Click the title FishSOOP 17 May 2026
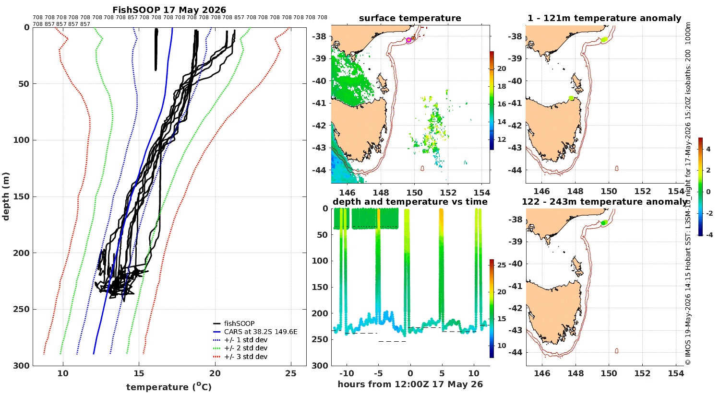tap(169, 10)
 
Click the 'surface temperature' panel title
tap(410, 18)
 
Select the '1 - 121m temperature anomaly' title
tap(604, 18)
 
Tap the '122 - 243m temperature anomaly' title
tap(604, 202)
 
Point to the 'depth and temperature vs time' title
tap(410, 202)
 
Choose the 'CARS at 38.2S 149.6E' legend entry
tap(255, 332)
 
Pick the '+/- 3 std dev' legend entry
tap(240, 357)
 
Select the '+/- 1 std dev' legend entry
tap(240, 340)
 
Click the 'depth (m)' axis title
tap(6, 196)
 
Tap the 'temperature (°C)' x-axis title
tap(169, 387)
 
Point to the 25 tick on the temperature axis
tap(291, 373)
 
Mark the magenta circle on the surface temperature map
tap(408, 40)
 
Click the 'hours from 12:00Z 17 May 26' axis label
tap(410, 384)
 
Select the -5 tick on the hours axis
tap(378, 374)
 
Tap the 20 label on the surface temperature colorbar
tap(502, 69)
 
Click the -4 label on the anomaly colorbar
tap(709, 235)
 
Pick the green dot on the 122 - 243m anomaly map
tap(604, 223)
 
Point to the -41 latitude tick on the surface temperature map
tap(318, 103)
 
